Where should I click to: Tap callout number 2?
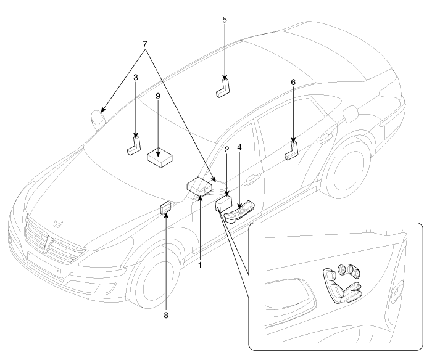[227, 150]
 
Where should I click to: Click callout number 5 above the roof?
[225, 20]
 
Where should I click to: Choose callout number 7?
[146, 45]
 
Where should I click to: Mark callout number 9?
[159, 97]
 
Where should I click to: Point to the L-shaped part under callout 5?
[223, 87]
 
